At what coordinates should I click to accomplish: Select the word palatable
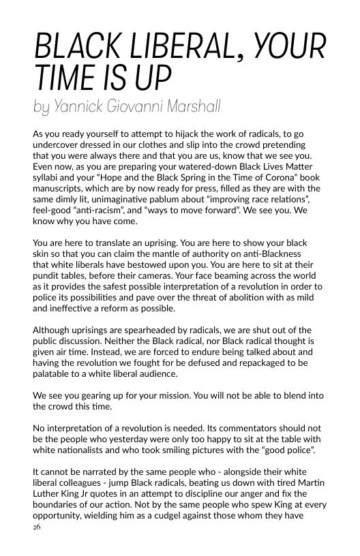[x=53, y=373]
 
